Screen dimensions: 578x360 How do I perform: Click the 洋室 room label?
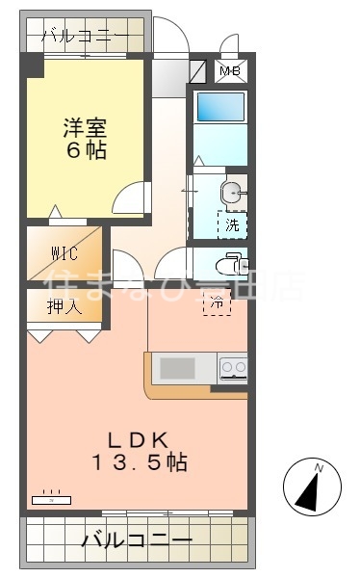86,126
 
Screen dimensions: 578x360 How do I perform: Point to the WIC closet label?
64,254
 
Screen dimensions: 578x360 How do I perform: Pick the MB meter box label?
231,71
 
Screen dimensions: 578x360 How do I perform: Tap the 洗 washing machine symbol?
232,224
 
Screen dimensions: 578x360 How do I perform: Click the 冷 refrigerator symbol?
217,304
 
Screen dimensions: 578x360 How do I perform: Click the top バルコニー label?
84,38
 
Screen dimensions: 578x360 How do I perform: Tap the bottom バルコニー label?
136,540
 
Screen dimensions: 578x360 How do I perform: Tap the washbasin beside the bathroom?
231,192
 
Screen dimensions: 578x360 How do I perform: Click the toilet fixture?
229,263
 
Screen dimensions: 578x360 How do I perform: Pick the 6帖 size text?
86,151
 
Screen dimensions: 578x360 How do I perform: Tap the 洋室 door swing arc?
127,198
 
